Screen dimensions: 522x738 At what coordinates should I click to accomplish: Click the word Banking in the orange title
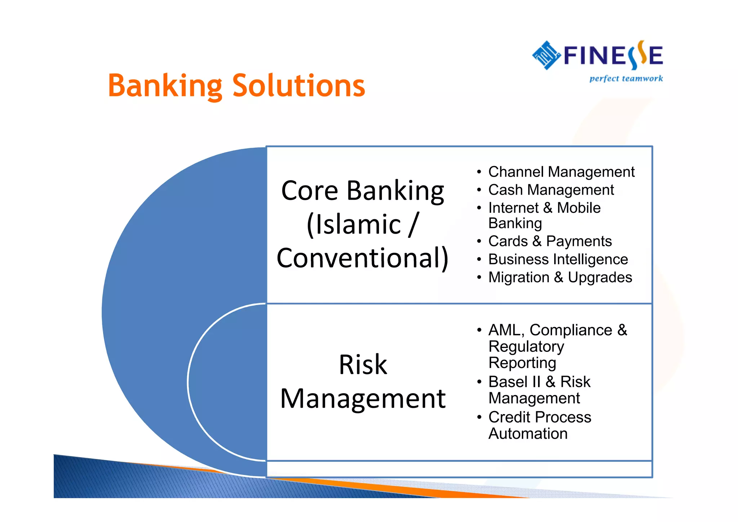pos(165,86)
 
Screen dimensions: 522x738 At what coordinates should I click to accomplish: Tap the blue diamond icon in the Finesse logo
pos(546,55)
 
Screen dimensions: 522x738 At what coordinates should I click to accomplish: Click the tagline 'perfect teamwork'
pos(626,79)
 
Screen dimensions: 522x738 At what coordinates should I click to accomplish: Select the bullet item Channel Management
pos(561,172)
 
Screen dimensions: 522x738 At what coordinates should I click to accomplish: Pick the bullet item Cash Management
pos(551,190)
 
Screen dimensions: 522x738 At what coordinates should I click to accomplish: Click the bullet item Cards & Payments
pos(550,241)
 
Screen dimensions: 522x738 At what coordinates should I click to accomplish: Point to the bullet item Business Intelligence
pos(558,259)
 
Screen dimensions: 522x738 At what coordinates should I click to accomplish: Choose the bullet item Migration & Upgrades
pos(560,277)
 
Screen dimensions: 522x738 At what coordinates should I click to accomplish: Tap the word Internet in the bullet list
pos(514,208)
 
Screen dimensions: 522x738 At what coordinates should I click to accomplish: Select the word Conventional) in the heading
pos(363,258)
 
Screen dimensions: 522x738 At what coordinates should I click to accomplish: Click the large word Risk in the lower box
pos(363,364)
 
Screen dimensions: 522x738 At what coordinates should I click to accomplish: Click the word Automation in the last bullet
pos(528,434)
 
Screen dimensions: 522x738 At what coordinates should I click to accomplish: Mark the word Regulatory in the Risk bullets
pos(526,346)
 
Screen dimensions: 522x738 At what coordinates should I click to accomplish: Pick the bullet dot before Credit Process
pos(479,417)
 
